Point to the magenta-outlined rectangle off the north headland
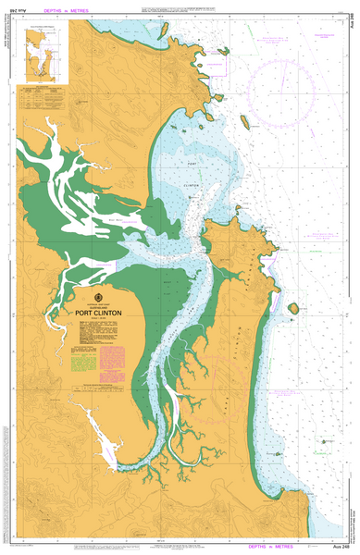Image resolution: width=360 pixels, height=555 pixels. pos(218,65)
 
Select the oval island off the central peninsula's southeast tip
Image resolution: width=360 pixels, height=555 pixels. pos(293,308)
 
